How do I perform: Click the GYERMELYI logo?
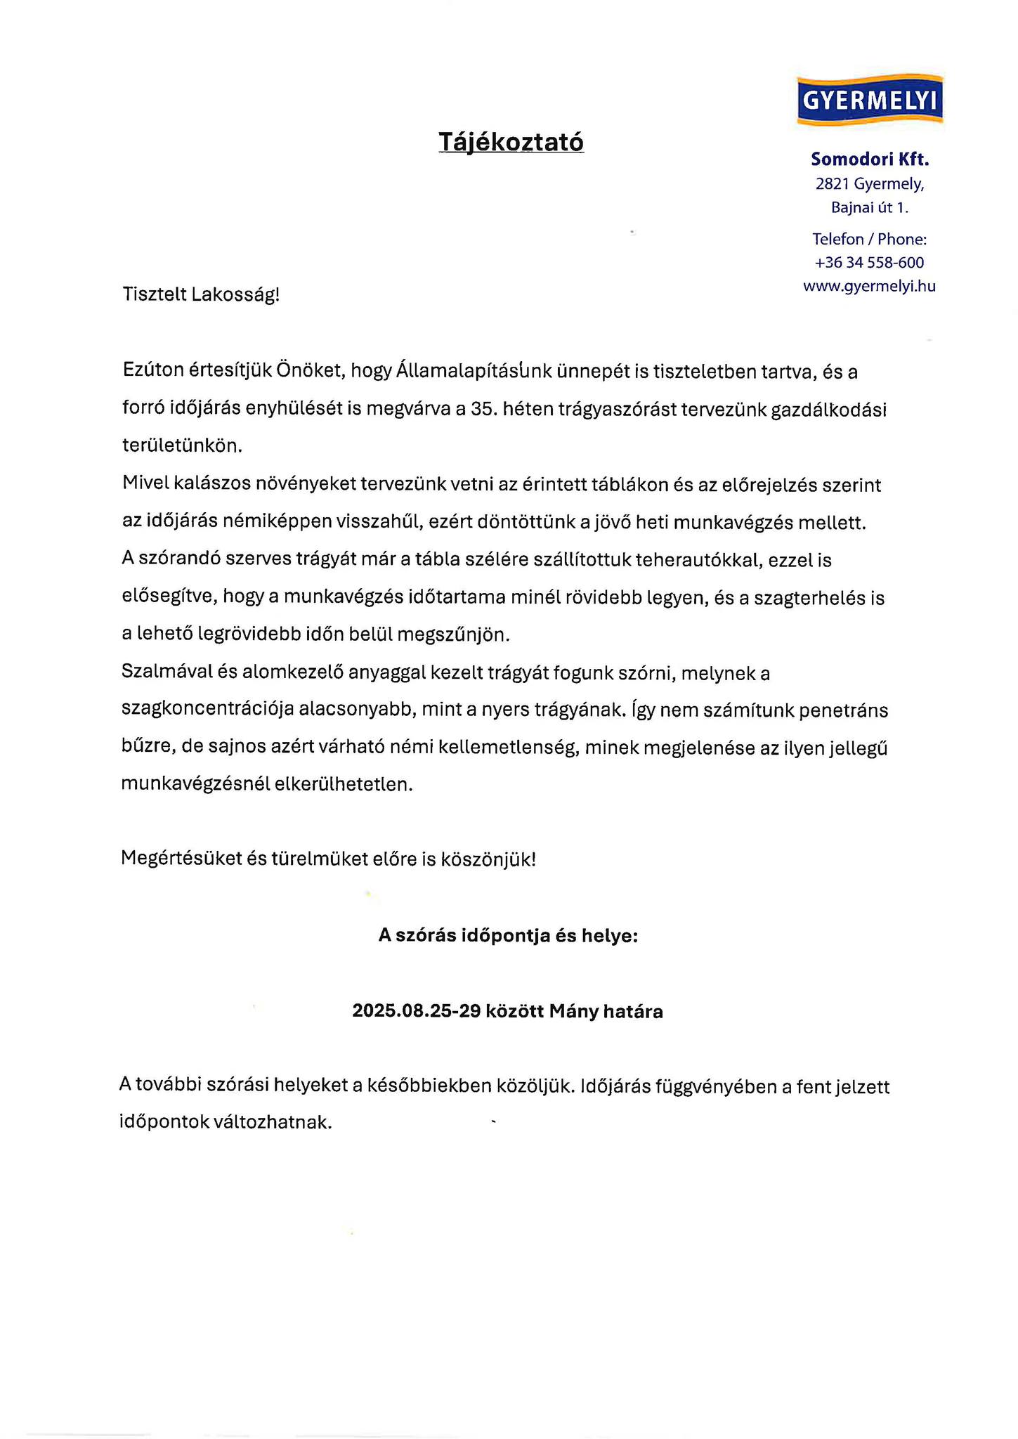pos(870,100)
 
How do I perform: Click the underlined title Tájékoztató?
pos(511,142)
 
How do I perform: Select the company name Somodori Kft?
pos(870,159)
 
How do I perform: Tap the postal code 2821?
pos(833,184)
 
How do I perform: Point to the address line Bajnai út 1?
pos(870,208)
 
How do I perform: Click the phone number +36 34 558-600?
pos(870,263)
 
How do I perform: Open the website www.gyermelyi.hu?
pos(870,287)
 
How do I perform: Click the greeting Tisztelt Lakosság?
pos(201,294)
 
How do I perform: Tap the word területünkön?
pos(181,445)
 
